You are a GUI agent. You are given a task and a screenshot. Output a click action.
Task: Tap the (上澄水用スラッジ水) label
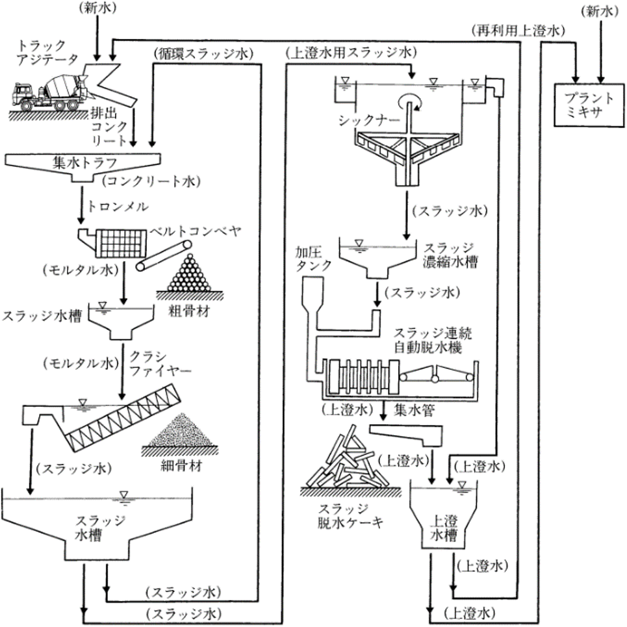click(x=351, y=51)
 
